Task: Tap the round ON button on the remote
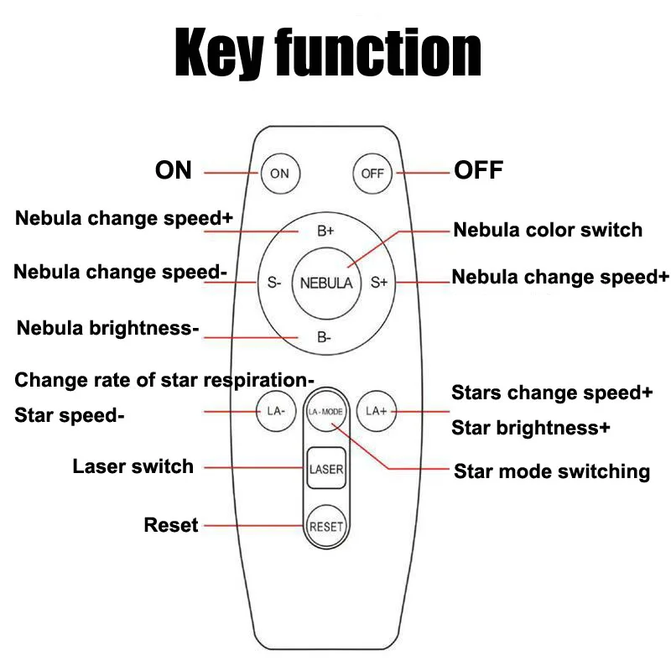click(x=279, y=174)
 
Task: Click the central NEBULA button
click(x=326, y=283)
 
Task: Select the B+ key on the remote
click(x=326, y=231)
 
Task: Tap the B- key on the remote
click(x=325, y=337)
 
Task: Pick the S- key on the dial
click(x=273, y=283)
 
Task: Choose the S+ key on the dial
click(x=379, y=283)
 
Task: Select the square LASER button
click(x=326, y=469)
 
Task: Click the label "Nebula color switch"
click(x=548, y=230)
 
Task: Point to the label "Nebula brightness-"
click(x=107, y=328)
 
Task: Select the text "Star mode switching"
click(x=552, y=471)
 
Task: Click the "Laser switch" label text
click(x=133, y=466)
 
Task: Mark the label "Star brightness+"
click(x=530, y=428)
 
